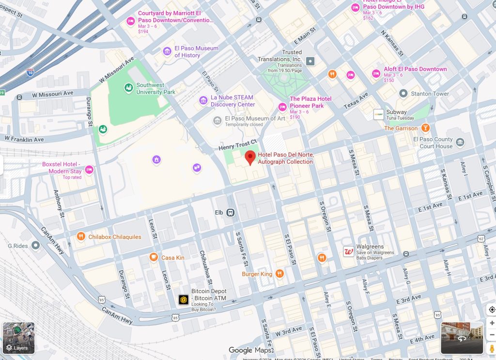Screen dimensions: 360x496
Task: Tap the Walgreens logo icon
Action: pyautogui.click(x=348, y=251)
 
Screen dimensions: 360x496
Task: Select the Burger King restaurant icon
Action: pyautogui.click(x=279, y=274)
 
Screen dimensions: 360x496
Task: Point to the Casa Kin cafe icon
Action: pyautogui.click(x=154, y=257)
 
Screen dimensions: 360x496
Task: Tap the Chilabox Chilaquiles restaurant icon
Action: pyautogui.click(x=81, y=236)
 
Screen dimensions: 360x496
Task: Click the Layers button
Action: pyautogui.click(x=18, y=338)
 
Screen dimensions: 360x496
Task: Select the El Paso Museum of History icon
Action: pyautogui.click(x=167, y=51)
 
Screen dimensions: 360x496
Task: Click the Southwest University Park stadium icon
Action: pyautogui.click(x=129, y=88)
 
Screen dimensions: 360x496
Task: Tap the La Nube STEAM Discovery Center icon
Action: pyautogui.click(x=203, y=100)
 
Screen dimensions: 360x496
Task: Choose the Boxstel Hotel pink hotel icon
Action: pyautogui.click(x=89, y=170)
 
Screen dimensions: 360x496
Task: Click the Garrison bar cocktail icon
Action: pyautogui.click(x=425, y=128)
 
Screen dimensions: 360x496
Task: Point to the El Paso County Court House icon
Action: pyautogui.click(x=460, y=142)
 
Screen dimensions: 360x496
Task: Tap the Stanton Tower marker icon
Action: pyautogui.click(x=403, y=93)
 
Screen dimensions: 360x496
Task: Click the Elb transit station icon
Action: pyautogui.click(x=231, y=212)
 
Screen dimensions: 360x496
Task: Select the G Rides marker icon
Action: pyautogui.click(x=35, y=246)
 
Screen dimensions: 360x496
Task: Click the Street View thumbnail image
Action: pyautogui.click(x=462, y=338)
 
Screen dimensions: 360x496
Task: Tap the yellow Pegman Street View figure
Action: pyautogui.click(x=492, y=348)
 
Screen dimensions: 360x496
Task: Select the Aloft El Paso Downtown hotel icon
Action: pyautogui.click(x=376, y=73)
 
